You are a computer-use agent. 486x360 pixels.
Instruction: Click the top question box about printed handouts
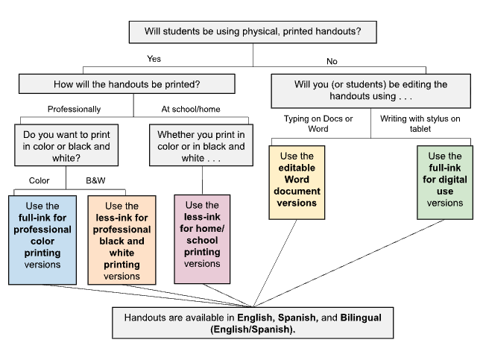253,33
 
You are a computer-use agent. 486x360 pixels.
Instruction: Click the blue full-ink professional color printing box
42,239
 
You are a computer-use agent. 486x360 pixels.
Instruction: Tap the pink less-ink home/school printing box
202,239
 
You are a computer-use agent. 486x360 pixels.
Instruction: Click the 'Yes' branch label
154,58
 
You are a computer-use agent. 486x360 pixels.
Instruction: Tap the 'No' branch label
332,60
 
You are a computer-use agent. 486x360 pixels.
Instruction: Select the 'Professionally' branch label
74,109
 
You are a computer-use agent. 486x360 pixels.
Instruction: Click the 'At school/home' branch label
191,109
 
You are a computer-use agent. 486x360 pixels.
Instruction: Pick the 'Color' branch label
39,180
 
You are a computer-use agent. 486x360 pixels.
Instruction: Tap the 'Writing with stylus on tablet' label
420,123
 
